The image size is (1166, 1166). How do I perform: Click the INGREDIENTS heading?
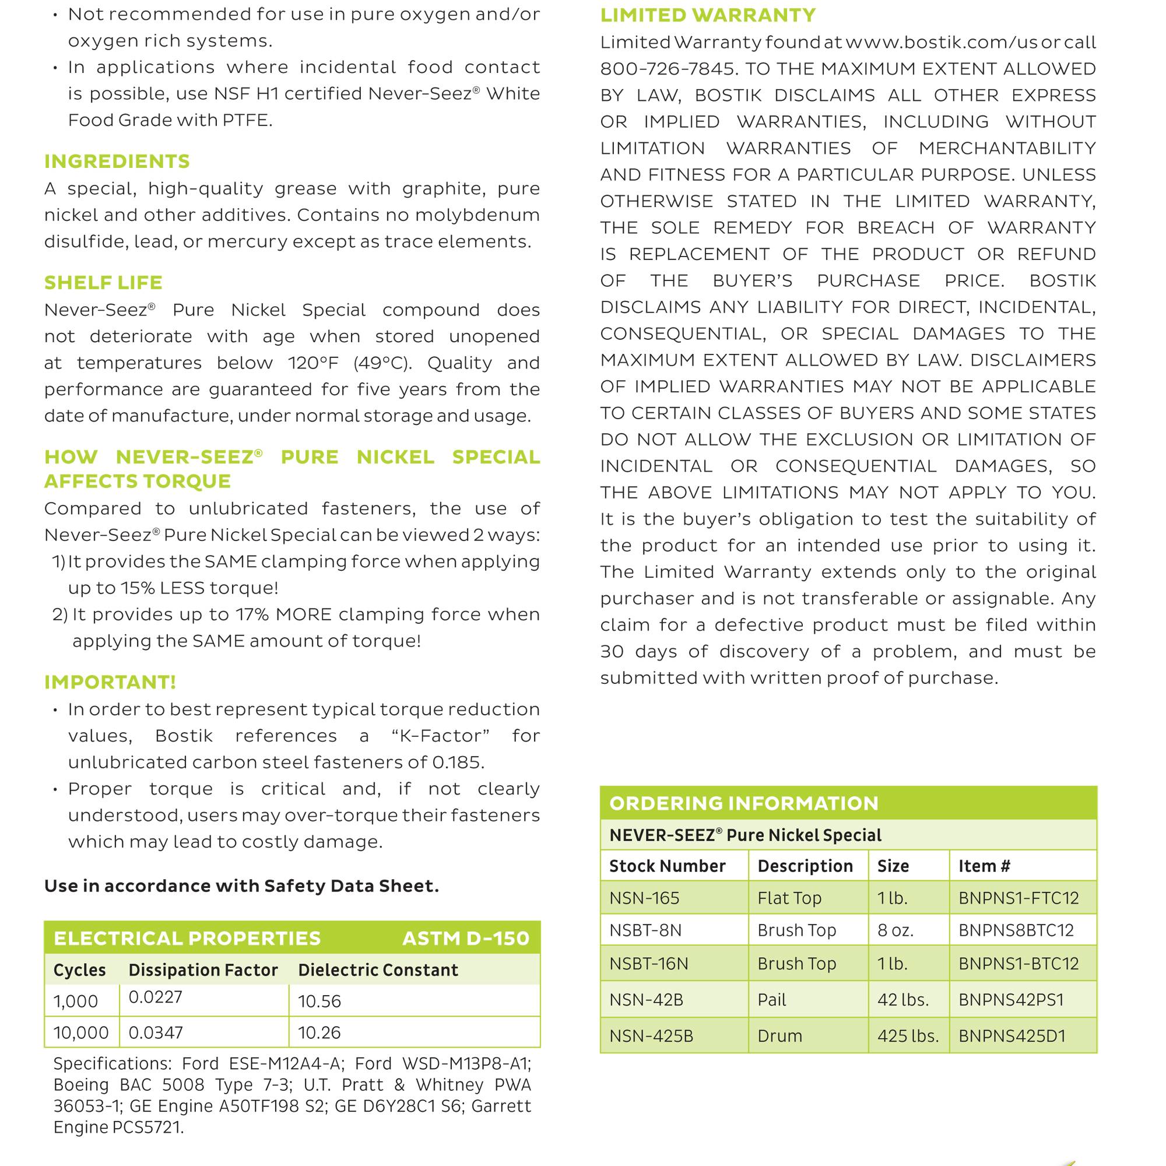pyautogui.click(x=117, y=161)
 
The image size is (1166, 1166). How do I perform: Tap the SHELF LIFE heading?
pyautogui.click(x=103, y=282)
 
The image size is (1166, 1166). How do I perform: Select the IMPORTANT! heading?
pyautogui.click(x=110, y=682)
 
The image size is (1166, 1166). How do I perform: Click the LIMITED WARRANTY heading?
pyautogui.click(x=708, y=15)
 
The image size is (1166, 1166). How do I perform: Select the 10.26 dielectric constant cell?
pyautogui.click(x=319, y=1032)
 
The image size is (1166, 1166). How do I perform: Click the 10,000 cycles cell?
pyautogui.click(x=81, y=1032)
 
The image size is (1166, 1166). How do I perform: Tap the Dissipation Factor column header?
pyautogui.click(x=203, y=970)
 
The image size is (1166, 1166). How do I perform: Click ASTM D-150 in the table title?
pyautogui.click(x=465, y=939)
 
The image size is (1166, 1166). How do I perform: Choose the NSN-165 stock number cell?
pyautogui.click(x=644, y=898)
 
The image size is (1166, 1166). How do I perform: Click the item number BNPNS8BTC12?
pyautogui.click(x=1016, y=930)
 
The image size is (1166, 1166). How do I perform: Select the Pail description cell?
pyautogui.click(x=771, y=1000)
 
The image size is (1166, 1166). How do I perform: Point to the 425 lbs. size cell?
pyautogui.click(x=908, y=1035)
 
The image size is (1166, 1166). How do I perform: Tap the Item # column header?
pyautogui.click(x=984, y=866)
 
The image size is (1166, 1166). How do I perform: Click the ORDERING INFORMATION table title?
pyautogui.click(x=743, y=803)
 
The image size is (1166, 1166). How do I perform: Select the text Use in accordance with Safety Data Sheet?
pyautogui.click(x=241, y=886)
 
